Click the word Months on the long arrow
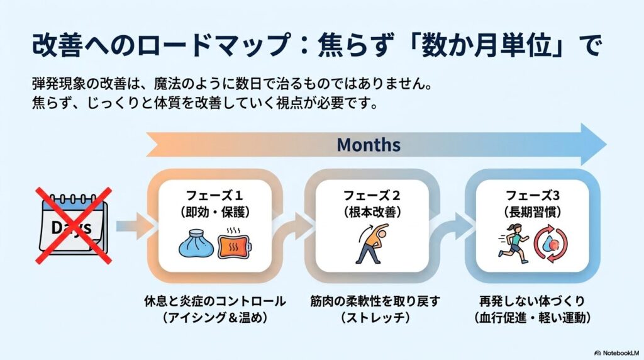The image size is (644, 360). pos(369,145)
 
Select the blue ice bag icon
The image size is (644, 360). pos(196,245)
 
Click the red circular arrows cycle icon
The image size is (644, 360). pos(550,244)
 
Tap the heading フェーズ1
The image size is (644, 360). pos(214,195)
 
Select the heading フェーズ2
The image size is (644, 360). pos(371,195)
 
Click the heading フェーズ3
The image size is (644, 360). pos(532,195)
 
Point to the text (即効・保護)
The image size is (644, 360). pos(215,212)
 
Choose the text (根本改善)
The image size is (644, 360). pos(372,212)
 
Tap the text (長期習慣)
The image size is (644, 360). pos(532,212)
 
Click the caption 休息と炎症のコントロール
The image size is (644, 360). pos(215,301)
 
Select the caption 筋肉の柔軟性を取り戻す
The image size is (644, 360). pos(375,301)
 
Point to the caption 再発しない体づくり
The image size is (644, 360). pos(532,301)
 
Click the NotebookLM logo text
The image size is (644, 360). pos(616,353)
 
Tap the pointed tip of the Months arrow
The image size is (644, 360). pos(606,144)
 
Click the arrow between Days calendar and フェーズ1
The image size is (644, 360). pos(135,226)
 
